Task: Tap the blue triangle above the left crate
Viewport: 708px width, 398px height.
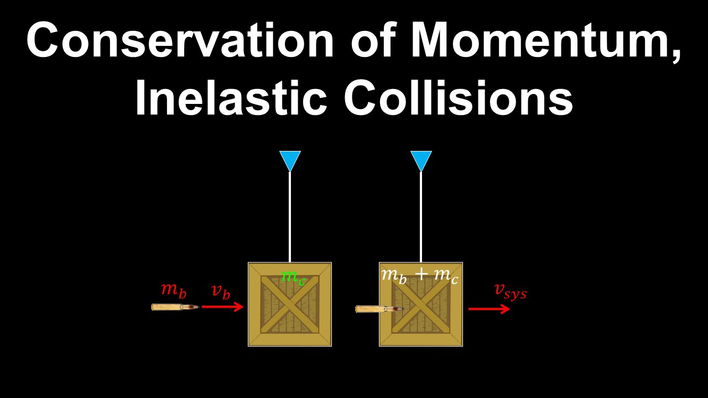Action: point(290,160)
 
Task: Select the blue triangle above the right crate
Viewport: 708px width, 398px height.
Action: point(421,160)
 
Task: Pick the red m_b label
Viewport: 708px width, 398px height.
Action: point(174,290)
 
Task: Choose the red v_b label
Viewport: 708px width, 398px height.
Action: point(220,291)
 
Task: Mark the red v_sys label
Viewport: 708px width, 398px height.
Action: point(510,291)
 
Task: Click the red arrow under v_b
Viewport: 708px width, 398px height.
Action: point(222,306)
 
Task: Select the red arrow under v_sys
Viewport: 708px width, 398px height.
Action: point(489,308)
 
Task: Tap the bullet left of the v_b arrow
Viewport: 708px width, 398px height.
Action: point(174,307)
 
